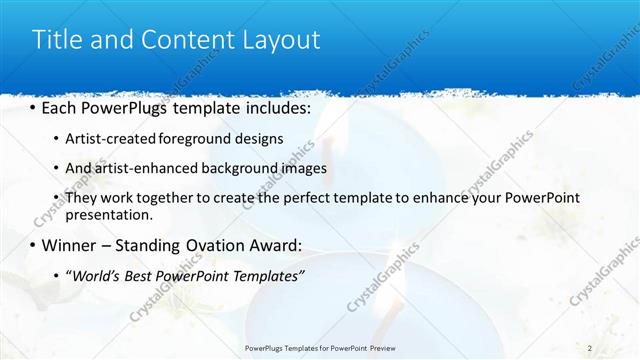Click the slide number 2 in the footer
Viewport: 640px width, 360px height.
pos(590,347)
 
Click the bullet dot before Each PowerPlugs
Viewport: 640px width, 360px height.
pos(33,107)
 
